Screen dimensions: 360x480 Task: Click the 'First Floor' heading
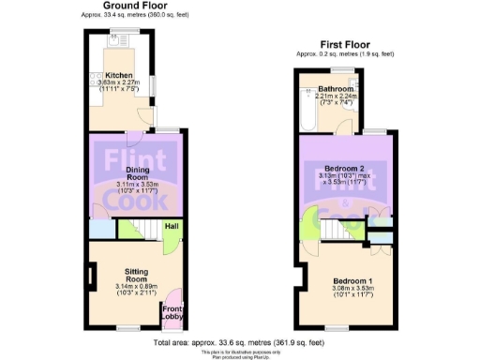point(345,44)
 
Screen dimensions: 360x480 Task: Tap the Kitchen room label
point(119,76)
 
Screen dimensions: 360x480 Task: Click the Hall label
point(172,226)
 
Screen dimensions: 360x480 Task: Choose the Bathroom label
point(334,89)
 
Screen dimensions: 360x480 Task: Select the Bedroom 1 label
point(348,282)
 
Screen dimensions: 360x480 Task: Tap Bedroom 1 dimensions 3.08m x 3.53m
point(348,290)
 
